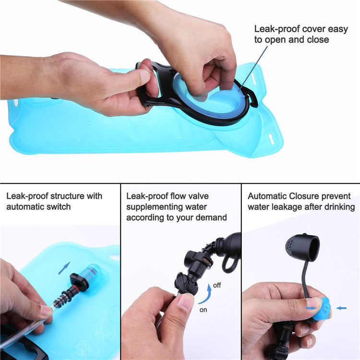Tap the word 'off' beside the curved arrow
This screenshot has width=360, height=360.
pos(217,285)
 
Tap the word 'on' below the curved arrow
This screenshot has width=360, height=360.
pos(203,310)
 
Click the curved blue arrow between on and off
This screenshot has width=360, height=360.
pos(206,295)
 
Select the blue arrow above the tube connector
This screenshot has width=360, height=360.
pos(64,268)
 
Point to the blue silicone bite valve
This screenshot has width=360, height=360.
pos(322,309)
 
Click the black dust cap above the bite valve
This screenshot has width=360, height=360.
pos(302,248)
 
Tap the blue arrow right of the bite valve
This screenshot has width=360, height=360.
pos(341,308)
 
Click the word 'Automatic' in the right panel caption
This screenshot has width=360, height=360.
pos(267,196)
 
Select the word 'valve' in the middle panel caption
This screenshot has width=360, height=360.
pos(198,196)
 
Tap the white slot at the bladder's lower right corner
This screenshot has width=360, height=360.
pos(271,138)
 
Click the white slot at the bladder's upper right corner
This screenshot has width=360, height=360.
pos(253,79)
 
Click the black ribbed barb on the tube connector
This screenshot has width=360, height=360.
pos(61,299)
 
